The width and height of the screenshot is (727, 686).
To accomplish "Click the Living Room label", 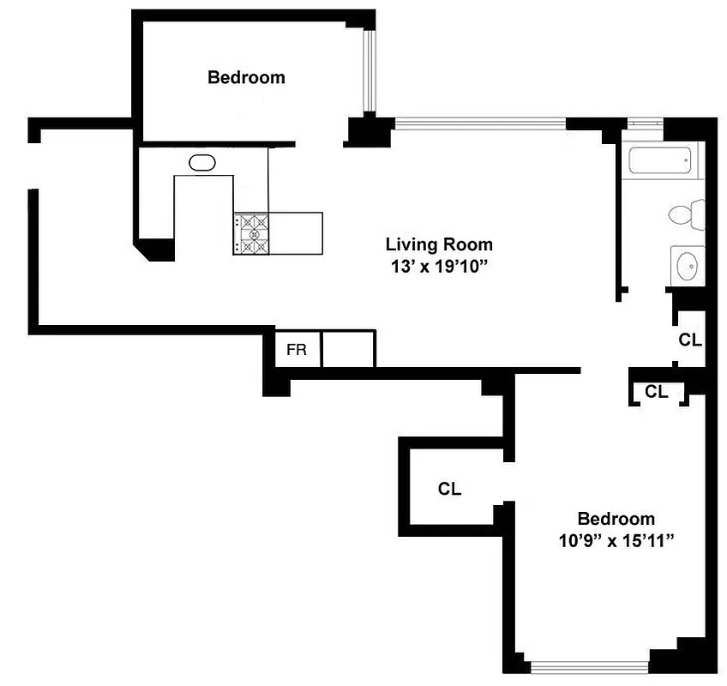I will point(438,244).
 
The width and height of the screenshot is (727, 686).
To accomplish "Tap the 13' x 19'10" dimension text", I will point(438,266).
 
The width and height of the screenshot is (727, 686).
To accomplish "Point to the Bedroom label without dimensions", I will point(246,78).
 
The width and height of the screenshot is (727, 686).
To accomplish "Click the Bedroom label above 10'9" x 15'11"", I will point(616,519).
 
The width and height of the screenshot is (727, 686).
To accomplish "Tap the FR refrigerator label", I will point(297,351).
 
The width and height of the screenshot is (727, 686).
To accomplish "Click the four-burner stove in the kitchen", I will point(251,233).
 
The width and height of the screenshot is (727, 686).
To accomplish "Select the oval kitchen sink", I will point(202,162).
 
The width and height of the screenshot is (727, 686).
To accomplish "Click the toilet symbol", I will point(686,214).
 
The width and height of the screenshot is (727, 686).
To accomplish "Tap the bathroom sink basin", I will point(688,267).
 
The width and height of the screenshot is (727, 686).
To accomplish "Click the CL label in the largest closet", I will point(449,490).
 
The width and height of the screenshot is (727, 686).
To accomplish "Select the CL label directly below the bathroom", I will point(689,340).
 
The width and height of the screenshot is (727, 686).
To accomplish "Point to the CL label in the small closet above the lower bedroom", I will point(656,392).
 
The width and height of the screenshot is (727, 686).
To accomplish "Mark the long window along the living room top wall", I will point(480,123).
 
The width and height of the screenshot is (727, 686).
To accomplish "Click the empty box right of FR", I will point(348,351).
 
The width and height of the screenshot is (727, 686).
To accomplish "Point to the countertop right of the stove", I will point(296,233).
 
